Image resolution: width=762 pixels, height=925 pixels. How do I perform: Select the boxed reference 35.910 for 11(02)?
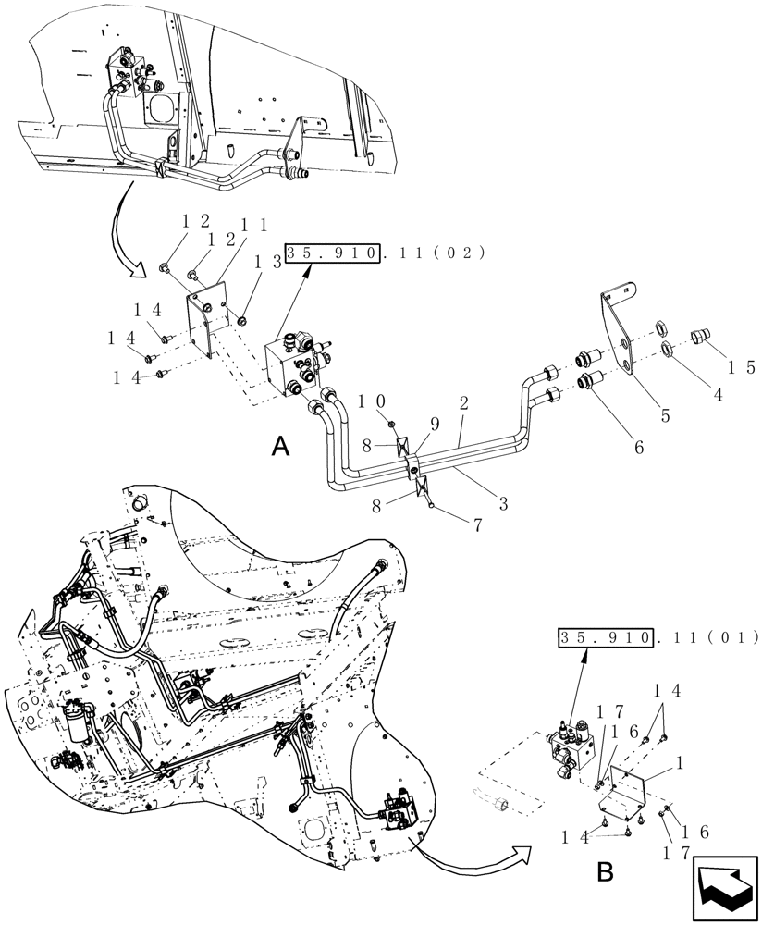click(x=333, y=253)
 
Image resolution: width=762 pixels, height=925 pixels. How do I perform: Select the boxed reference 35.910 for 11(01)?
click(x=606, y=637)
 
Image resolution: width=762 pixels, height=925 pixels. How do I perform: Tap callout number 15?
click(x=734, y=367)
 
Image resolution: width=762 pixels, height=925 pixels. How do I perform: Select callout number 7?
click(x=477, y=524)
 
